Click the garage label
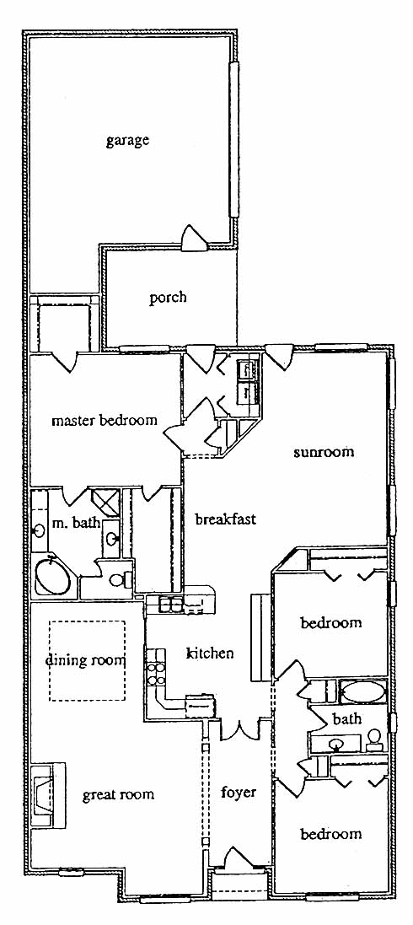[x=126, y=142]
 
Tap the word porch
[x=168, y=298]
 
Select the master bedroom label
[x=105, y=421]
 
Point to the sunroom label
[x=324, y=453]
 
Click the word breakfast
[x=225, y=519]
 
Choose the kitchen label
[x=210, y=653]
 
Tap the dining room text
[x=86, y=659]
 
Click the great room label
[x=118, y=794]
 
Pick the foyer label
[x=239, y=792]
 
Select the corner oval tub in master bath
[x=53, y=577]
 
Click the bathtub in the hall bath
[x=363, y=691]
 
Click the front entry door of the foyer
[x=239, y=858]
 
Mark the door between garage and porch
[x=194, y=239]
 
